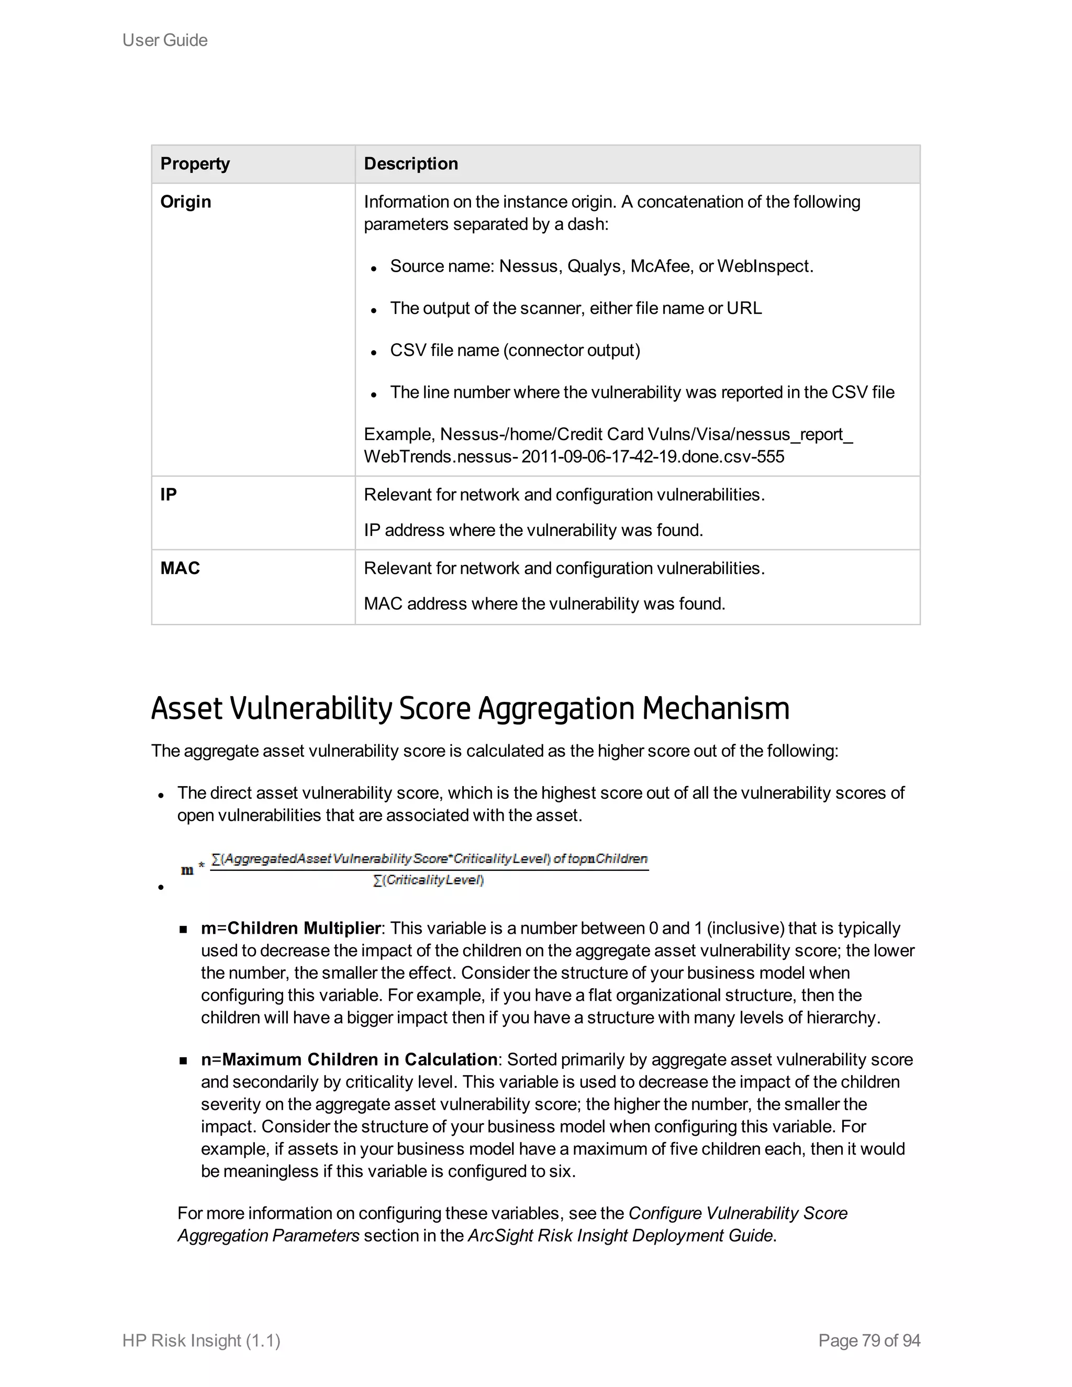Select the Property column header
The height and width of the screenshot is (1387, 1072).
[x=194, y=164]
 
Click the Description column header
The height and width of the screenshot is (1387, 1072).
[x=410, y=164]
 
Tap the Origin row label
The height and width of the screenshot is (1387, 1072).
[x=185, y=202]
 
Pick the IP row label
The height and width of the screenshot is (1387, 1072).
[x=169, y=495]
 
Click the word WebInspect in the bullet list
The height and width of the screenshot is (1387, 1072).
[x=764, y=266]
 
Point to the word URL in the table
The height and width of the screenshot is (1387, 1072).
[x=744, y=309]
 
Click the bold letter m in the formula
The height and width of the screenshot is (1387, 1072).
[x=187, y=870]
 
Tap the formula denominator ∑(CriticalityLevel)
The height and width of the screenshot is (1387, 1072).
[x=429, y=880]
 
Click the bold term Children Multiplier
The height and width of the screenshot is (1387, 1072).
[x=304, y=929]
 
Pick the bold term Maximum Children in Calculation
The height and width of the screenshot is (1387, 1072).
[x=360, y=1060]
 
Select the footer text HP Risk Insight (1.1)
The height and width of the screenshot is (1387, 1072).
[x=202, y=1340]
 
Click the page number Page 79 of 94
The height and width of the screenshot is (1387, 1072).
[x=869, y=1340]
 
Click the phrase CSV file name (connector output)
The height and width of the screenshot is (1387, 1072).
[x=515, y=351]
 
